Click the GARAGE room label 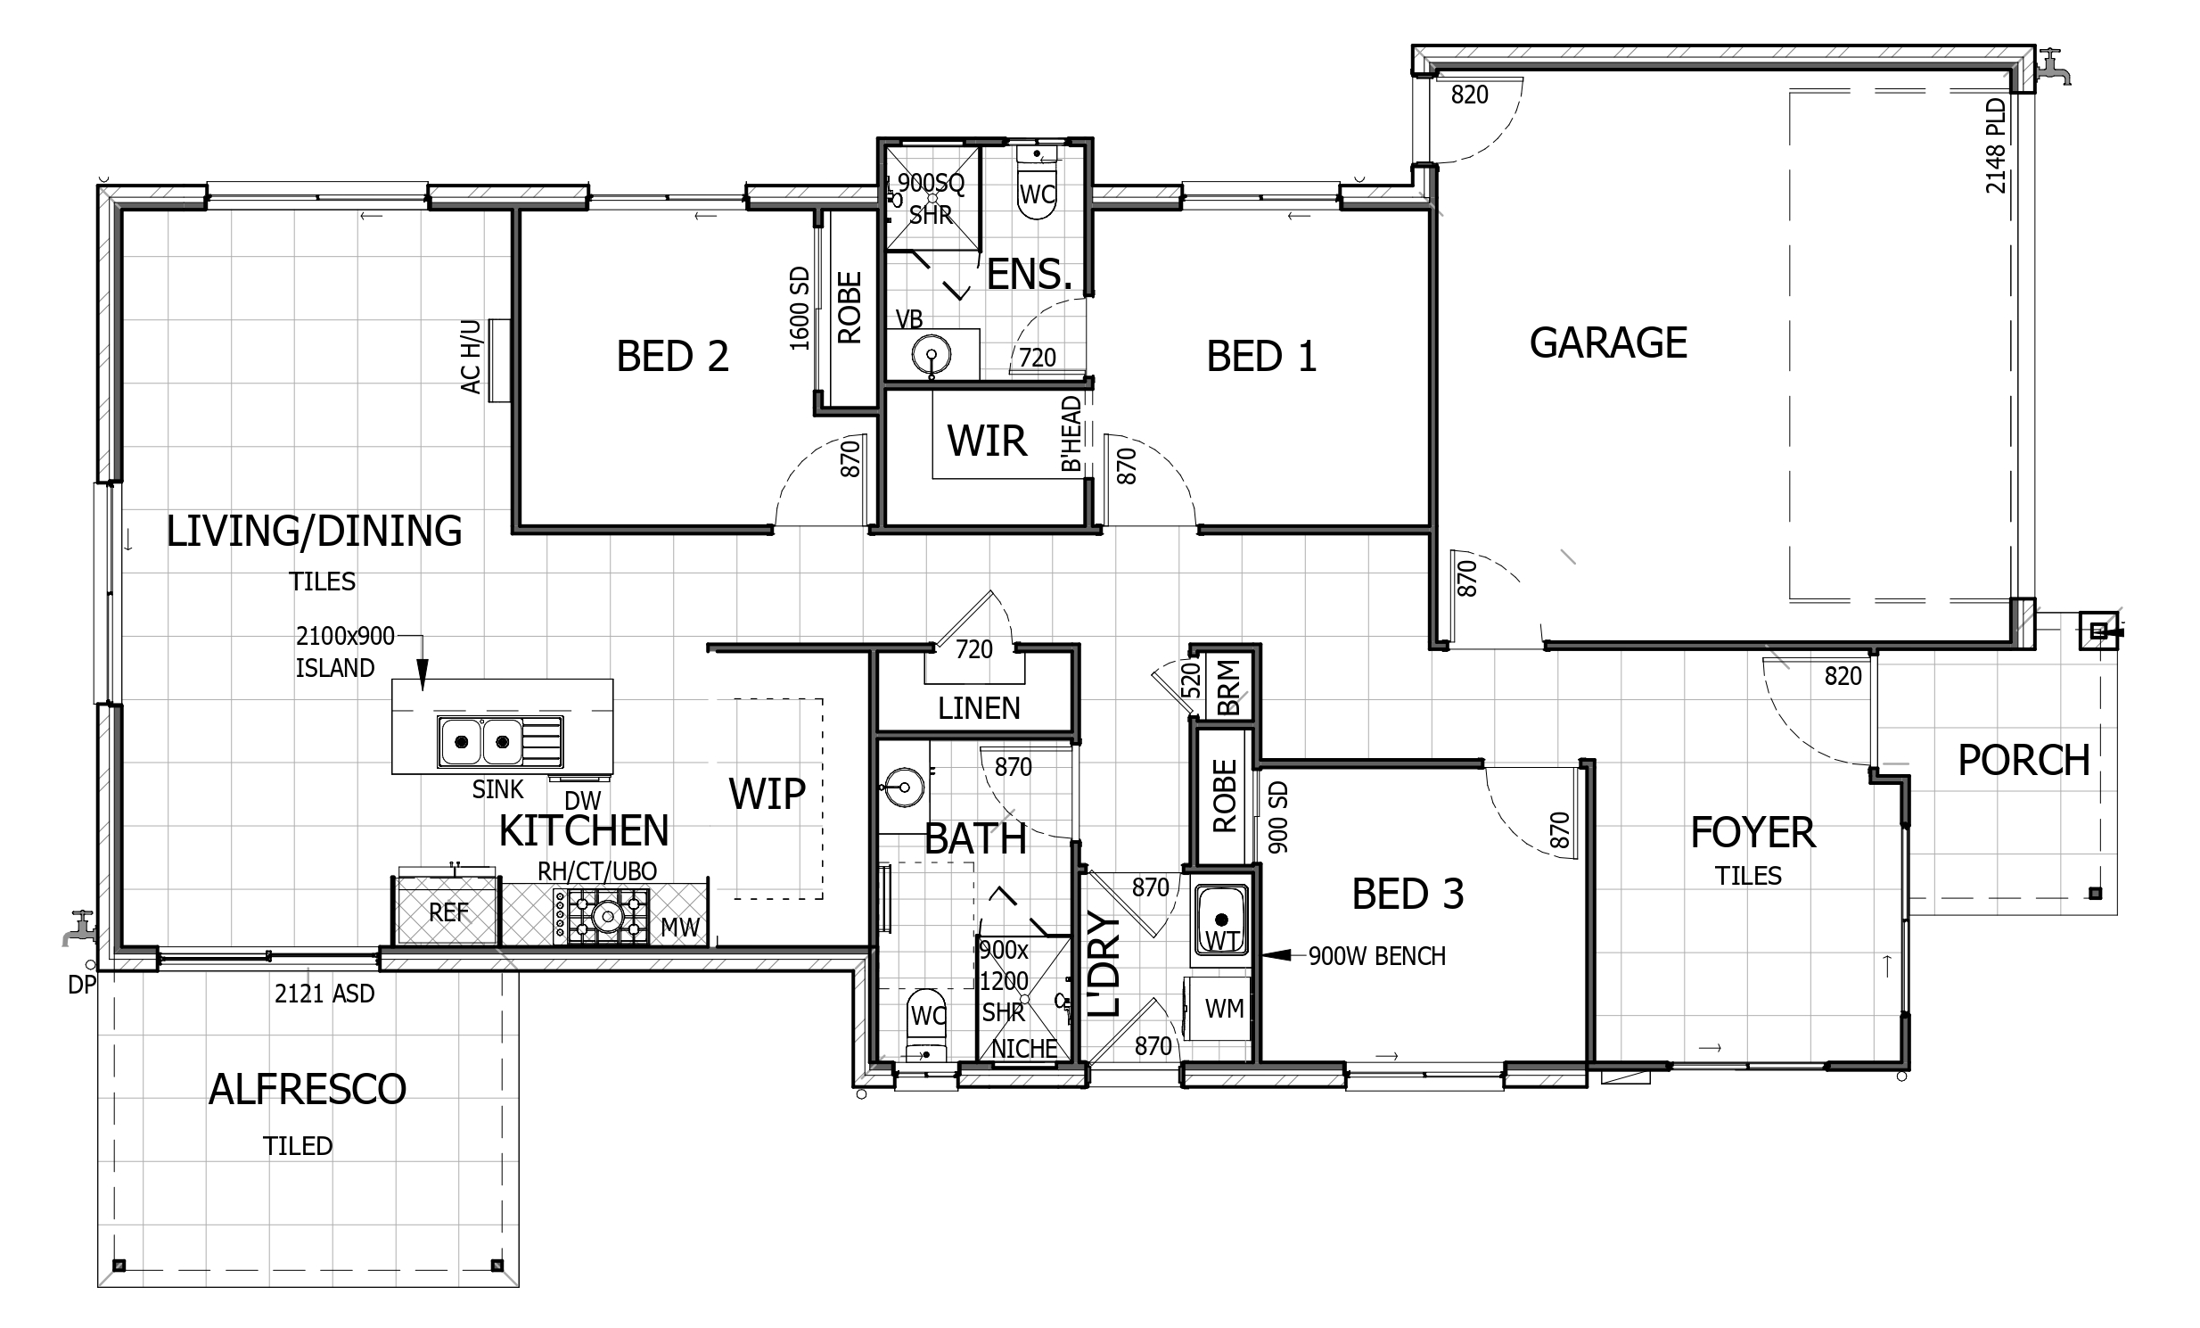pyautogui.click(x=1608, y=343)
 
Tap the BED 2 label pyautogui.click(x=672, y=357)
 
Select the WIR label pyautogui.click(x=987, y=441)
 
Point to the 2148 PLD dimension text pyautogui.click(x=1996, y=145)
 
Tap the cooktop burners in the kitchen pyautogui.click(x=601, y=915)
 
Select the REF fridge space pyautogui.click(x=447, y=911)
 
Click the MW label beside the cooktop pyautogui.click(x=679, y=927)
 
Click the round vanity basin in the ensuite pyautogui.click(x=931, y=356)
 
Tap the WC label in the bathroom pyautogui.click(x=928, y=1016)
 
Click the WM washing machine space pyautogui.click(x=1223, y=1009)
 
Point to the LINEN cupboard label pyautogui.click(x=979, y=708)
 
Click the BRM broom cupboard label pyautogui.click(x=1228, y=687)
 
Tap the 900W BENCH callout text pyautogui.click(x=1377, y=955)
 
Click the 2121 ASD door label pyautogui.click(x=324, y=993)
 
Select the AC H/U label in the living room pyautogui.click(x=471, y=357)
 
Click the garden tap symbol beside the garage pyautogui.click(x=2052, y=68)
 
